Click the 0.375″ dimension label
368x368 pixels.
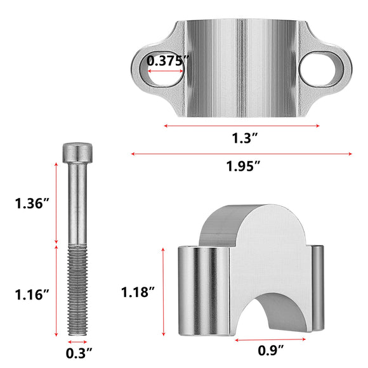tap(168, 61)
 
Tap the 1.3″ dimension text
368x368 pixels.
tap(245, 138)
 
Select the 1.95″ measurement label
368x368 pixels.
tap(243, 166)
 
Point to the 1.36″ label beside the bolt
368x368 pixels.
tap(32, 203)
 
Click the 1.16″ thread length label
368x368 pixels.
tap(32, 294)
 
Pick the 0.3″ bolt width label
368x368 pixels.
tap(79, 353)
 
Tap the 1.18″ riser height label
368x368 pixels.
tap(138, 292)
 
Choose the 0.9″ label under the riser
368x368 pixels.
tap(271, 350)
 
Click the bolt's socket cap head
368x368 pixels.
tap(77, 153)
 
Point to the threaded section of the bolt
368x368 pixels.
tap(77, 290)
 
